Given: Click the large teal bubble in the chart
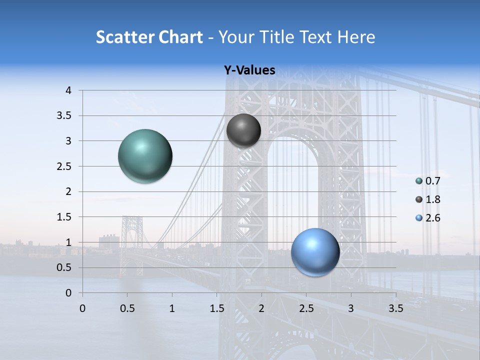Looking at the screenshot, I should click(145, 156).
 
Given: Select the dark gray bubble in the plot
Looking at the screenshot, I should click(243, 130).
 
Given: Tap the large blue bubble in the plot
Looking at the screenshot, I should click(315, 252).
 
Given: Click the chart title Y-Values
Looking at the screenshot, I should click(249, 70).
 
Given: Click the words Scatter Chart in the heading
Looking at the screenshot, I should click(149, 37).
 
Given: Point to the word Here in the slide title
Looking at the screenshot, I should click(356, 37).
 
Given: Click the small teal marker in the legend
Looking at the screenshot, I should click(419, 181).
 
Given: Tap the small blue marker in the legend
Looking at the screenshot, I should click(419, 218).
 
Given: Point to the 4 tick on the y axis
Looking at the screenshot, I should click(68, 90).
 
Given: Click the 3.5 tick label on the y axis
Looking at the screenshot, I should click(64, 116).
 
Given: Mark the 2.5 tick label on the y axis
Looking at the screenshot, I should click(64, 166).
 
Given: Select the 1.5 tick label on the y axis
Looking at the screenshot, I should click(64, 217).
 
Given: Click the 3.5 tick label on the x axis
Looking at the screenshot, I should click(395, 308).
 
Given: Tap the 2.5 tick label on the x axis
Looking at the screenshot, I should click(306, 308).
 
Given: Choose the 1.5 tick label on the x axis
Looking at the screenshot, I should click(216, 308).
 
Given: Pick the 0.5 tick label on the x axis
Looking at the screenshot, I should click(127, 308).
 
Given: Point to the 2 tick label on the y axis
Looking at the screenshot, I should click(68, 191).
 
